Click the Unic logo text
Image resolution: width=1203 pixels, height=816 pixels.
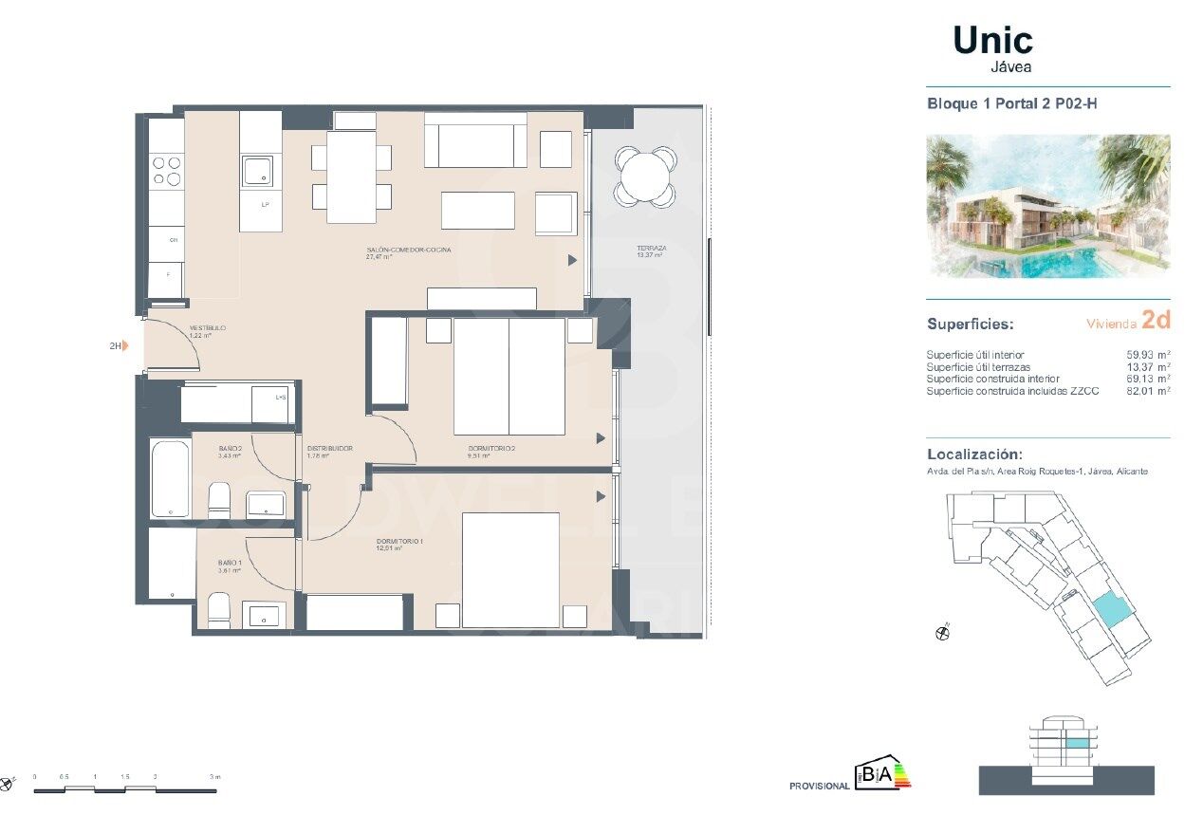tap(992, 41)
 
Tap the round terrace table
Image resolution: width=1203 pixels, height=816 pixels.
tap(645, 176)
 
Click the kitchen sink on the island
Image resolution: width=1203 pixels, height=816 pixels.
tap(257, 172)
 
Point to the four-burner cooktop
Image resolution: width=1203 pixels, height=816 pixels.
tap(167, 171)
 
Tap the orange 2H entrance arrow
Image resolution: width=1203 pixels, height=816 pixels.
tap(124, 346)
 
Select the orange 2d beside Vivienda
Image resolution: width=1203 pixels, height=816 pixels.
tap(1156, 321)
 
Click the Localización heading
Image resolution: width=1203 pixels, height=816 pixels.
tap(974, 454)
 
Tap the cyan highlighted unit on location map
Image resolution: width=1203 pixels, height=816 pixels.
tap(1106, 608)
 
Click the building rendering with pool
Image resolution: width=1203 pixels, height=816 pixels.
tap(1047, 206)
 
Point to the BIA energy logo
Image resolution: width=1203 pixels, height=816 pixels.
tap(882, 775)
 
